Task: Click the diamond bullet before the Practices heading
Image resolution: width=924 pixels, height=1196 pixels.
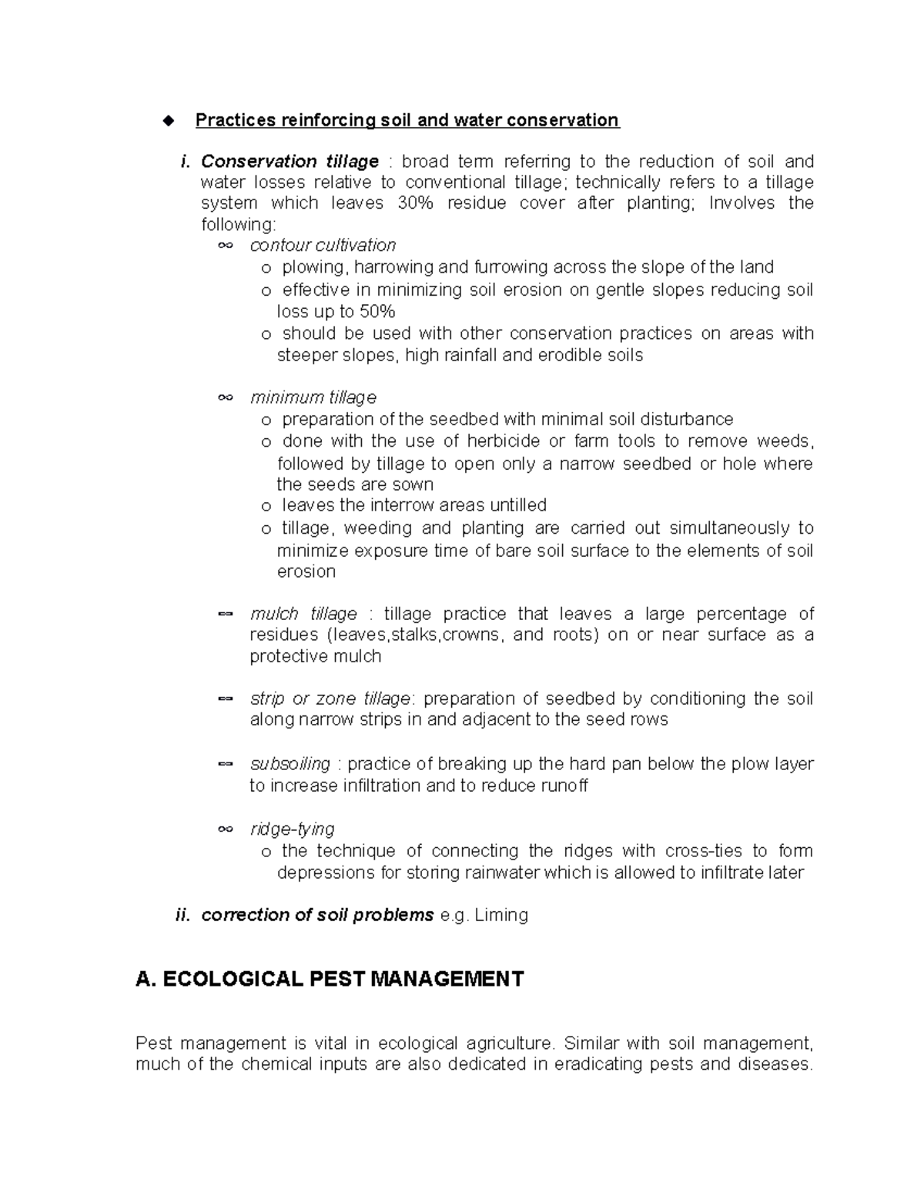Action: pyautogui.click(x=169, y=120)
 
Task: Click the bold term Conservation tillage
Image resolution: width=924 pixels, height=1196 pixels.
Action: pyautogui.click(x=290, y=162)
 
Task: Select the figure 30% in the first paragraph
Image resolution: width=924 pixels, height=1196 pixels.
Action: pyautogui.click(x=414, y=203)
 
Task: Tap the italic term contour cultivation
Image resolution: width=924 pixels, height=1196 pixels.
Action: pyautogui.click(x=323, y=246)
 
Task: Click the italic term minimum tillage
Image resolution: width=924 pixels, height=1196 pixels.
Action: pyautogui.click(x=313, y=397)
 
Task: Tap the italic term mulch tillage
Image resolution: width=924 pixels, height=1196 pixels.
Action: pyautogui.click(x=303, y=614)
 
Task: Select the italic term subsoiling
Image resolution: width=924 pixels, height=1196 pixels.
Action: pyautogui.click(x=290, y=764)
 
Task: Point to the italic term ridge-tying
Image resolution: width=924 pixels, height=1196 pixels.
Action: pyautogui.click(x=293, y=829)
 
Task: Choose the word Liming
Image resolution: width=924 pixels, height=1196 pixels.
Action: pyautogui.click(x=501, y=916)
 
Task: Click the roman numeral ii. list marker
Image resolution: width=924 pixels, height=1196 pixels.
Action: pyautogui.click(x=182, y=916)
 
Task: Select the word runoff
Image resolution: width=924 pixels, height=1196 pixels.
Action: pyautogui.click(x=560, y=786)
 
